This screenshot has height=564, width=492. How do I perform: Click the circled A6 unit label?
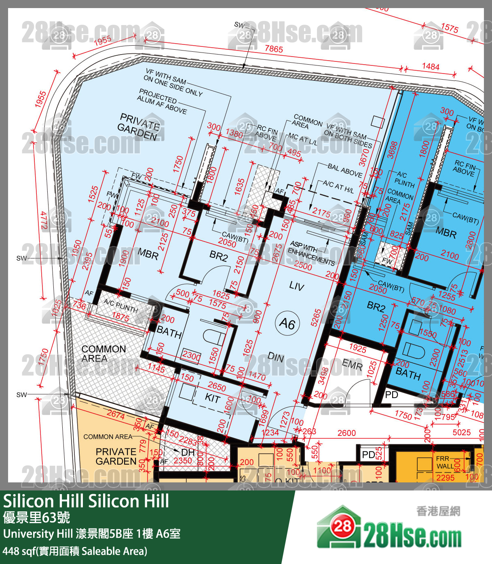click(287, 323)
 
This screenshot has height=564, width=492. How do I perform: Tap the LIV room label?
click(296, 286)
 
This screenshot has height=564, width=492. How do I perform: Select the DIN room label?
click(276, 357)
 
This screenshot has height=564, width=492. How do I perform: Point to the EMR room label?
click(352, 364)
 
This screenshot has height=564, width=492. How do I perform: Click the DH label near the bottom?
click(188, 452)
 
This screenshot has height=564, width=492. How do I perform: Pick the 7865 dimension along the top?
click(274, 49)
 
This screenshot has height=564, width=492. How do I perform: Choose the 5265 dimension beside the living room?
click(316, 318)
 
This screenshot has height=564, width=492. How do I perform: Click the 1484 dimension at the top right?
click(431, 67)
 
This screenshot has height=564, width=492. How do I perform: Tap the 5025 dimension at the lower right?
click(461, 432)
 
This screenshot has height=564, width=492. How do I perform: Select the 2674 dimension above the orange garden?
click(116, 414)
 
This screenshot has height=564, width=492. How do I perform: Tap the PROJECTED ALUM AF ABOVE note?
click(162, 101)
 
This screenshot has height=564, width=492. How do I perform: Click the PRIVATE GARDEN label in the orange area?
click(116, 456)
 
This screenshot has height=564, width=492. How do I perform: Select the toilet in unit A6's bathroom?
click(213, 337)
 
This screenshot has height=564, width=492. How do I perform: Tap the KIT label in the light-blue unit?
click(212, 398)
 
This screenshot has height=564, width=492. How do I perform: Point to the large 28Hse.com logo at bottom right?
click(389, 529)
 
